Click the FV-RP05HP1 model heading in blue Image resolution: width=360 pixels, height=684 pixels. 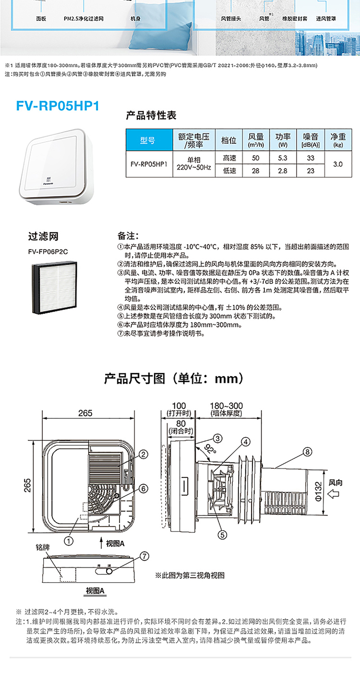click(57, 105)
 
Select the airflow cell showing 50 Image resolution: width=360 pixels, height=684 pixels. click(255, 158)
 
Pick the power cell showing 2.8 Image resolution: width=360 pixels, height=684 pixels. click(282, 171)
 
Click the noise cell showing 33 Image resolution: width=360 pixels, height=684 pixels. click(311, 158)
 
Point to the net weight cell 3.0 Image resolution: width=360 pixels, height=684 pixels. click(338, 164)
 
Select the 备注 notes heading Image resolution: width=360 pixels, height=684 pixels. click(128, 237)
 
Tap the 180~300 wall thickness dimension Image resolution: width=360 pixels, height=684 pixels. click(227, 405)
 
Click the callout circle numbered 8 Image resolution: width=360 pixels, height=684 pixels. click(308, 451)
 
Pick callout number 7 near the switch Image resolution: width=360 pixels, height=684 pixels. click(144, 555)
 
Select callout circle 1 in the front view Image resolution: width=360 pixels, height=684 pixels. click(70, 540)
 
